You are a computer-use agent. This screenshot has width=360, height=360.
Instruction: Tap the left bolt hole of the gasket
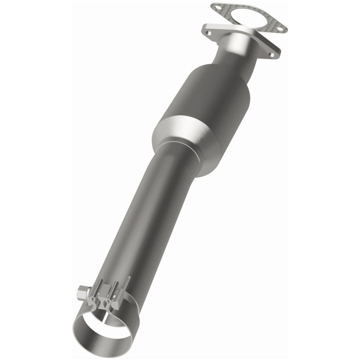217,8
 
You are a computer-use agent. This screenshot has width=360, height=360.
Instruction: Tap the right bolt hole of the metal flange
271,55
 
